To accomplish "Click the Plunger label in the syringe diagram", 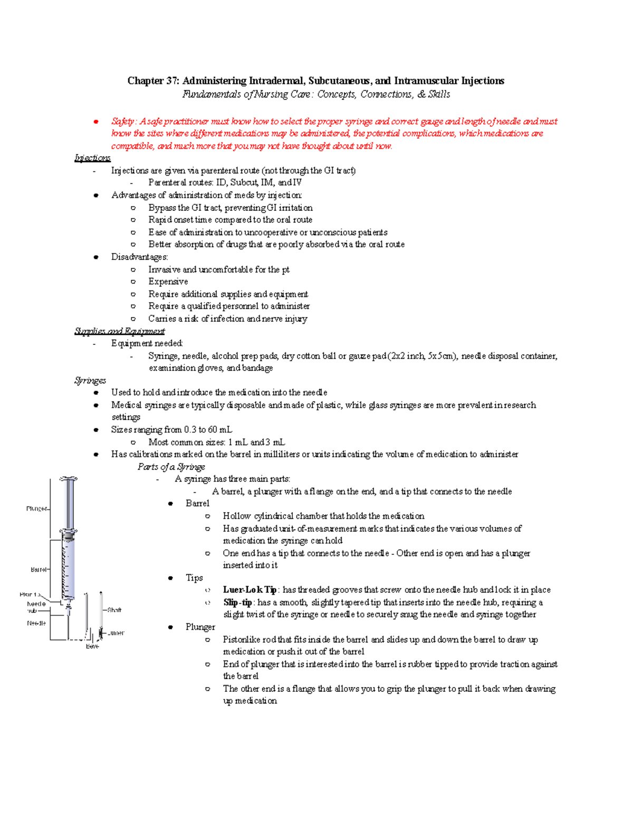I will pos(36,509).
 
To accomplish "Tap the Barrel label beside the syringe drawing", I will pos(39,570).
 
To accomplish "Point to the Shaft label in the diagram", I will pos(114,610).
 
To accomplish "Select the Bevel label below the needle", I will pos(92,646).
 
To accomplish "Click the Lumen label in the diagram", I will pos(117,633).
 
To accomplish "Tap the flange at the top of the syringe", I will pos(69,479).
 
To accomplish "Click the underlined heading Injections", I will pos(92,158).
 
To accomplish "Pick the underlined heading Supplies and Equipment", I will pos(119,331).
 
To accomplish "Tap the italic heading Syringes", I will pos(90,380).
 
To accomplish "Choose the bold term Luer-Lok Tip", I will pos(250,590).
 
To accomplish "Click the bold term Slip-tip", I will pos(237,602).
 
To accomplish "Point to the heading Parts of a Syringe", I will pos(171,467).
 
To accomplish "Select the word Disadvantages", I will pos(139,257).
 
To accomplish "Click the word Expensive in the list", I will pos(168,282).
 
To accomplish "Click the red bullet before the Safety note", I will pos(96,122).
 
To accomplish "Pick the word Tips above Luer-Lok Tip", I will pos(194,577).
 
